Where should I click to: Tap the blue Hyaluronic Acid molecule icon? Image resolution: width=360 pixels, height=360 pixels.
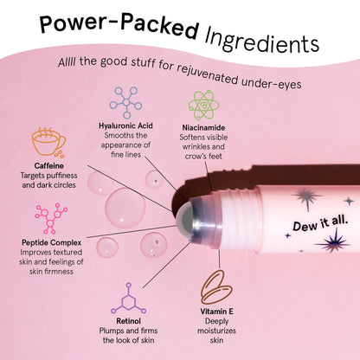[125, 103]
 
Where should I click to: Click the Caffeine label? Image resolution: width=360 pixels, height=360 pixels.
[48, 164]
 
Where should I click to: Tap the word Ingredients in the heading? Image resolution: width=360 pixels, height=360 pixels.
[260, 39]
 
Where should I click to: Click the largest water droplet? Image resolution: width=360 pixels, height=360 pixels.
[125, 209]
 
